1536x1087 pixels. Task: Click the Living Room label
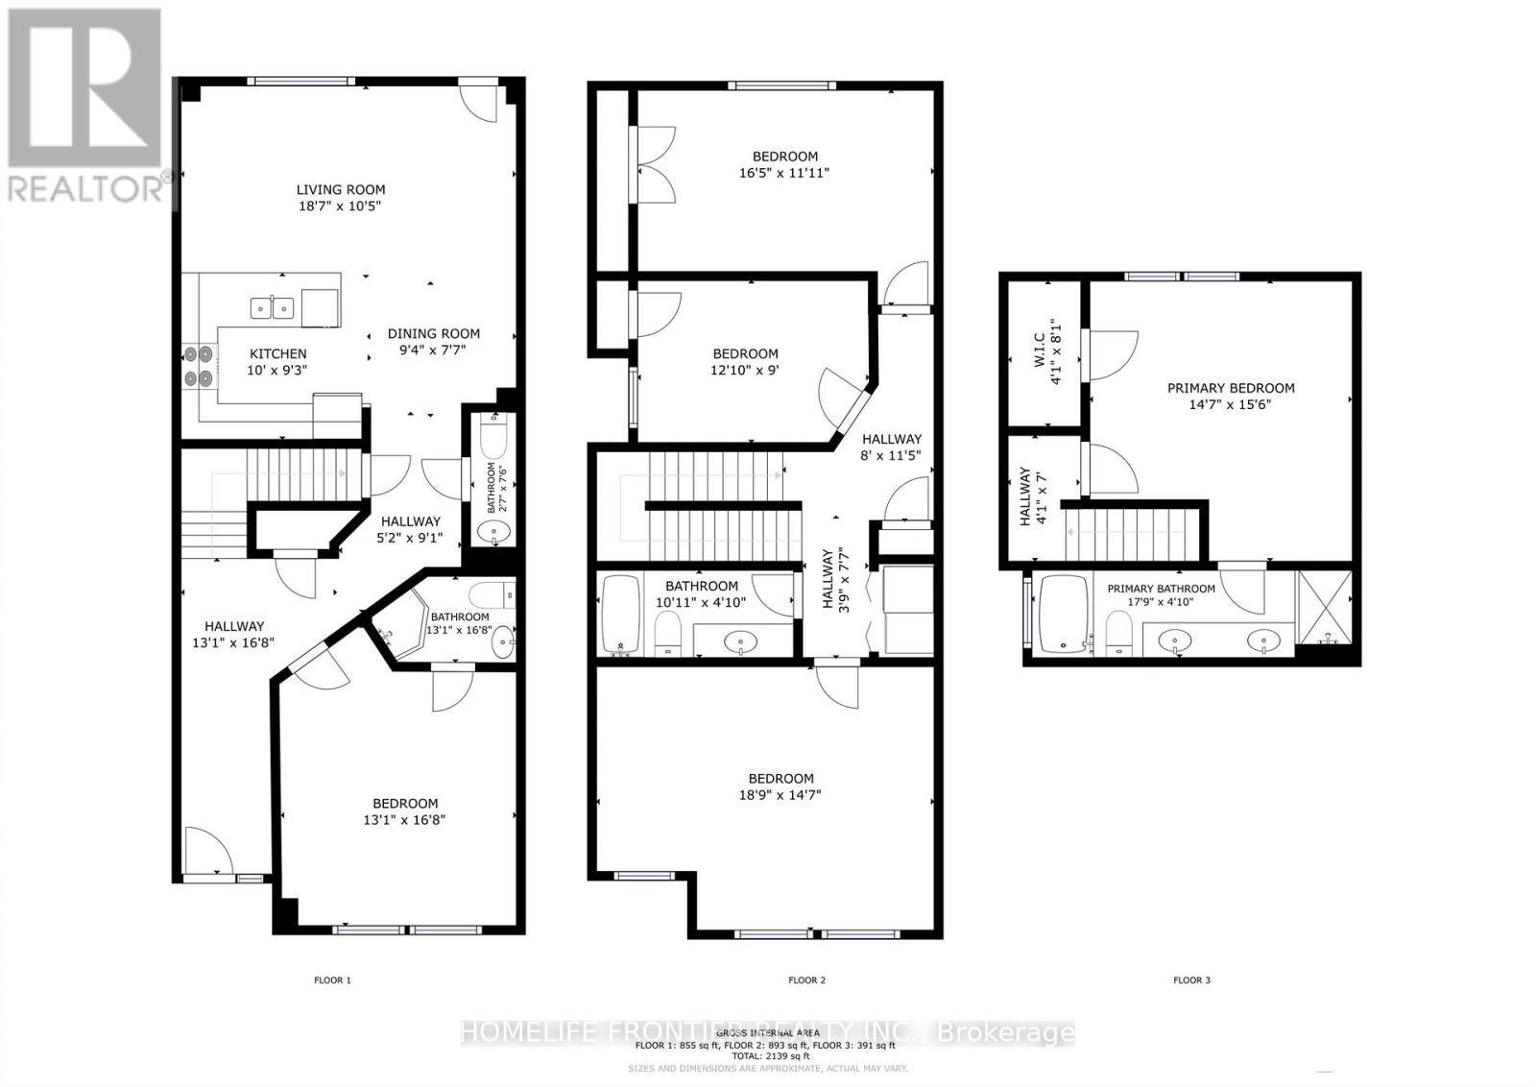pyautogui.click(x=340, y=190)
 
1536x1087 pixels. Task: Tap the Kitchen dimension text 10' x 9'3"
pyautogui.click(x=278, y=370)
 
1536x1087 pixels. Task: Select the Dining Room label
pyautogui.click(x=434, y=334)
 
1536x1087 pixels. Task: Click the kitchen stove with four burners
pyautogui.click(x=199, y=366)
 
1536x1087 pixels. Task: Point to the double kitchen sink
pyautogui.click(x=273, y=307)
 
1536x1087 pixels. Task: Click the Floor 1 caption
pyautogui.click(x=333, y=980)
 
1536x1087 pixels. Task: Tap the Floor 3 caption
pyautogui.click(x=1191, y=980)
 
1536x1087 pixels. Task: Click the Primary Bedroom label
pyautogui.click(x=1231, y=388)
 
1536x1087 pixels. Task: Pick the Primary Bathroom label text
pyautogui.click(x=1161, y=589)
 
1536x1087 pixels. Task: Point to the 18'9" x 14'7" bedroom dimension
pyautogui.click(x=780, y=795)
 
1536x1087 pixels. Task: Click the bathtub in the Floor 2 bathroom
pyautogui.click(x=621, y=615)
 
